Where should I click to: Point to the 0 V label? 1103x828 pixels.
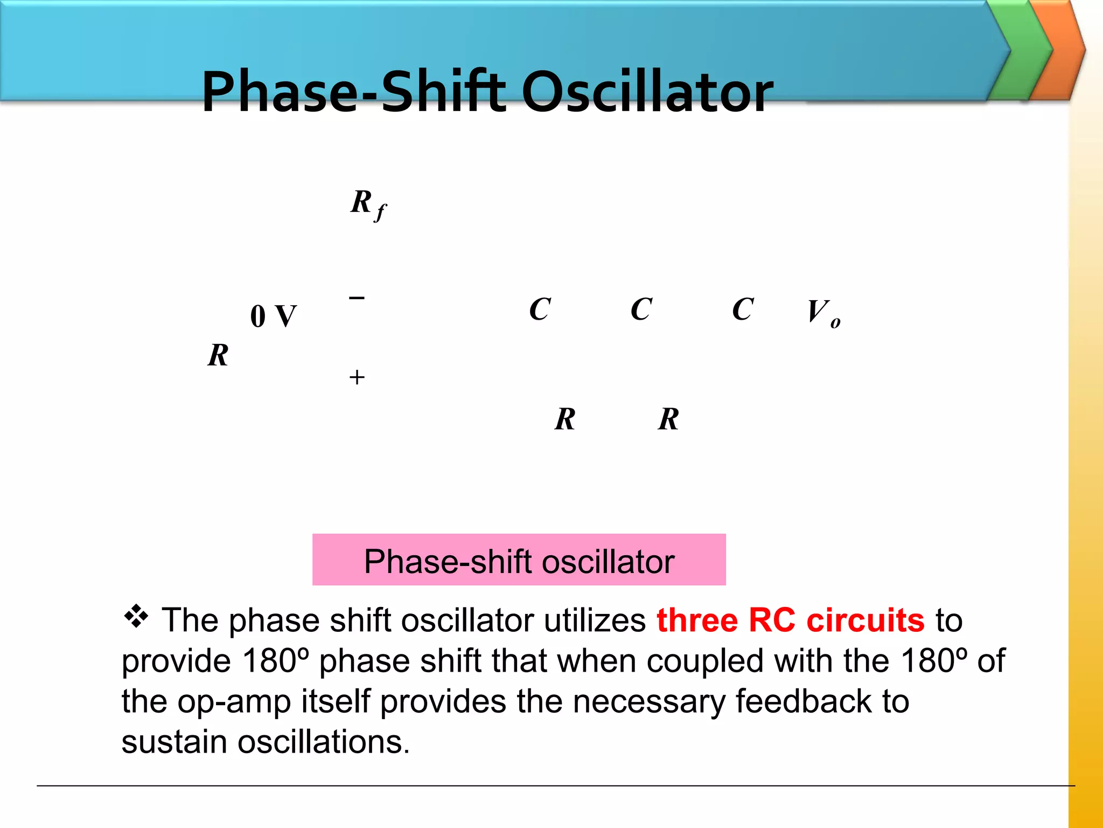click(x=274, y=316)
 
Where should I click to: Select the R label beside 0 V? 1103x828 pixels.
click(x=218, y=355)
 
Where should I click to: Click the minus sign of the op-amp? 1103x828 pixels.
click(x=357, y=298)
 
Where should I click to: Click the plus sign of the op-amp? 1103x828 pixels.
click(x=357, y=377)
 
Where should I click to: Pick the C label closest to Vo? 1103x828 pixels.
click(x=743, y=309)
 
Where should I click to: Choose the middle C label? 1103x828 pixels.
click(x=641, y=309)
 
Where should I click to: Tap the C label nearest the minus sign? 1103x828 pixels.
click(x=540, y=309)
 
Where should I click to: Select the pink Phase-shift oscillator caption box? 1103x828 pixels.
click(x=519, y=560)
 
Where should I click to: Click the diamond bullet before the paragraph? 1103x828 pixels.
click(x=136, y=617)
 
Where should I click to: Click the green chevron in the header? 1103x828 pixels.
click(x=1020, y=51)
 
